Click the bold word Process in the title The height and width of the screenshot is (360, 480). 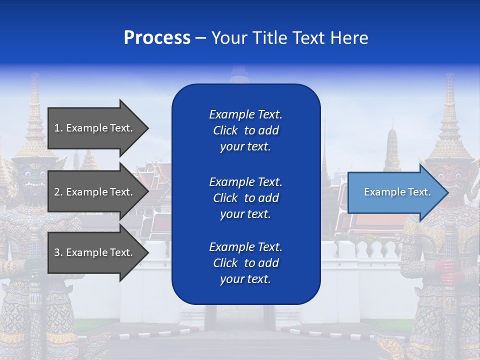pos(157,38)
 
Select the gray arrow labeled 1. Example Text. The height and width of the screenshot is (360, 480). pos(95,128)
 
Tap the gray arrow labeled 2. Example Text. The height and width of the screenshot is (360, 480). pos(95,192)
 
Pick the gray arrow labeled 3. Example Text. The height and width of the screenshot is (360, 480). pos(95,252)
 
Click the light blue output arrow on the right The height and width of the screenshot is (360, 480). pos(395,192)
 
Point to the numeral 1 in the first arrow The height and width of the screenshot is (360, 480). pos(57,128)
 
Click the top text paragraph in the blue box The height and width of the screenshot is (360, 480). pos(245,130)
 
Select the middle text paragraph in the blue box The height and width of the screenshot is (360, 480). pos(245,198)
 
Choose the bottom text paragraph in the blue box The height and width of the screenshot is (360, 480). pos(245,263)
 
